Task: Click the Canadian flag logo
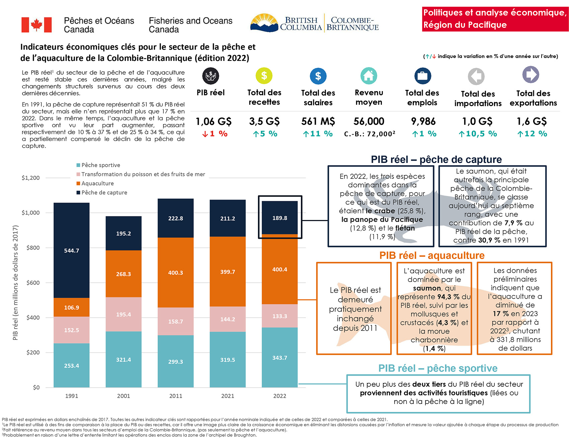(x=36, y=25)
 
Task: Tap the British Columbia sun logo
(x=264, y=23)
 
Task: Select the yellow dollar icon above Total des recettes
(x=264, y=76)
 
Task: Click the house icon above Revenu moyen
(x=369, y=76)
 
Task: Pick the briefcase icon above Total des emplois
(x=422, y=76)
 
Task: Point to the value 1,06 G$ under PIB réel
(x=214, y=121)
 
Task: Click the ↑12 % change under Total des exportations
(x=532, y=134)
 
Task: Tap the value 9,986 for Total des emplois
(x=423, y=121)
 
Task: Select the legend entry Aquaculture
(x=97, y=184)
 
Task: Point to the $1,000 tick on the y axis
(x=30, y=213)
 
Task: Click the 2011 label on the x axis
(x=176, y=396)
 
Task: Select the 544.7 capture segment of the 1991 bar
(x=72, y=250)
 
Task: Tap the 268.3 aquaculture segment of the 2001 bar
(x=124, y=274)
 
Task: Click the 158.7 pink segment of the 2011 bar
(x=176, y=321)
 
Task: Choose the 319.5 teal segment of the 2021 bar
(x=228, y=360)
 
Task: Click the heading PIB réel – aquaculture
(x=432, y=255)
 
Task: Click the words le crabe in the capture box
(x=381, y=211)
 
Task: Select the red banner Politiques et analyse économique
(x=495, y=19)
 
